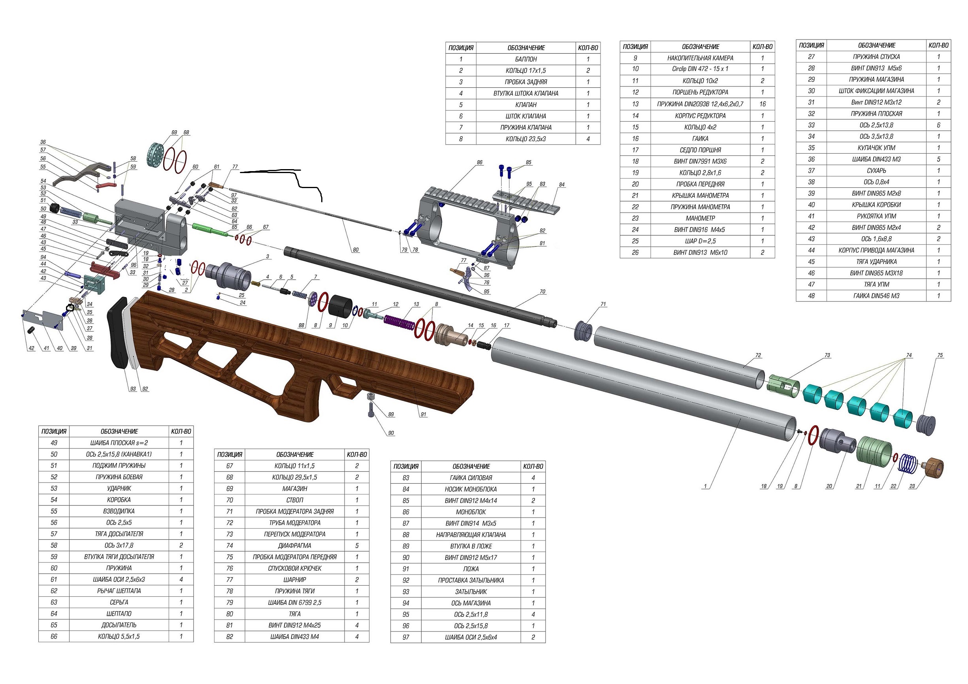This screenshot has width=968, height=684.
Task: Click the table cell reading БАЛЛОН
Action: pyautogui.click(x=526, y=59)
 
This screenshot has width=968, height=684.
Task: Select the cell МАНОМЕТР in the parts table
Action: pyautogui.click(x=700, y=219)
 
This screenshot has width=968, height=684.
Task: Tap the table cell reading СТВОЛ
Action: pyautogui.click(x=294, y=500)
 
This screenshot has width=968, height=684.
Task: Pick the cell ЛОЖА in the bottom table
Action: pyautogui.click(x=471, y=569)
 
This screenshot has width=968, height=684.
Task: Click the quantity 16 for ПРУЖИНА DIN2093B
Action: pyautogui.click(x=762, y=104)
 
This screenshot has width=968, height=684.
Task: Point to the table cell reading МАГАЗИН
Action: pyautogui.click(x=294, y=489)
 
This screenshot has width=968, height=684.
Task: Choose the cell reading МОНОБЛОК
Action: pyautogui.click(x=471, y=512)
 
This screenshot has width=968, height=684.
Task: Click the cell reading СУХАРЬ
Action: pyautogui.click(x=876, y=171)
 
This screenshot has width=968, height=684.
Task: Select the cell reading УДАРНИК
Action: pyautogui.click(x=119, y=488)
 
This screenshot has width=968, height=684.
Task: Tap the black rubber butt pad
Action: pyautogui.click(x=119, y=333)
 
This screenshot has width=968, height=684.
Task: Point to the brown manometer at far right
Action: pyautogui.click(x=932, y=468)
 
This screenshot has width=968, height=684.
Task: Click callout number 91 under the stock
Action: pyautogui.click(x=423, y=415)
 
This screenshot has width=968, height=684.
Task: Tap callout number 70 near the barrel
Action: pyautogui.click(x=542, y=291)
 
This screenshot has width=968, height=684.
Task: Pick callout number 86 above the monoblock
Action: pyautogui.click(x=479, y=162)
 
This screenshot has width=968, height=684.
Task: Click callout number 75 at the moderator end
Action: pyautogui.click(x=940, y=356)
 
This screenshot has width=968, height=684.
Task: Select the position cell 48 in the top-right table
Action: pyautogui.click(x=811, y=296)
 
